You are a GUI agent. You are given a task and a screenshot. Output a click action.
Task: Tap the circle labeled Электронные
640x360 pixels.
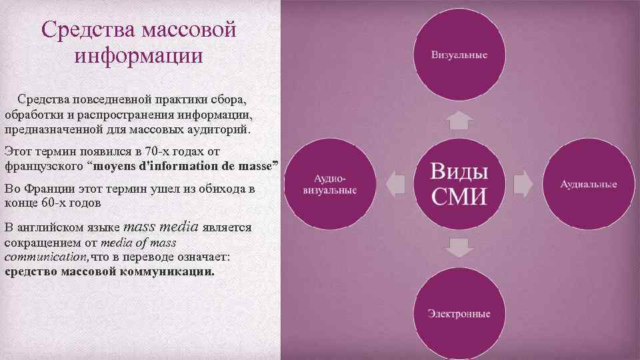[459, 313]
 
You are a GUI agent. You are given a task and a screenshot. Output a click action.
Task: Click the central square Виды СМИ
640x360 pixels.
[459, 183]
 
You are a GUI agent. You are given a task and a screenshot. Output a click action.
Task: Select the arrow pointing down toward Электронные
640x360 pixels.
[459, 247]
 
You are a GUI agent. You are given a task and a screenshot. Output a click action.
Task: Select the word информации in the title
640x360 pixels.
[139, 55]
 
